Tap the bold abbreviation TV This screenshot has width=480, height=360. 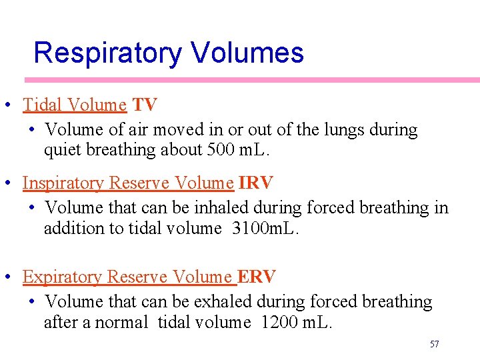pyautogui.click(x=145, y=105)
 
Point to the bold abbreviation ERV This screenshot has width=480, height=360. pyautogui.click(x=257, y=277)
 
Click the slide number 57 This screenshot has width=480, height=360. pyautogui.click(x=435, y=344)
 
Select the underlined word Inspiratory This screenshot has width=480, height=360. pyautogui.click(x=63, y=183)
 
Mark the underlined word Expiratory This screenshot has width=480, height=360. pyautogui.click(x=62, y=277)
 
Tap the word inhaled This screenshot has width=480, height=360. pyautogui.click(x=220, y=208)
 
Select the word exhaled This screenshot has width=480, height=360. pyautogui.click(x=221, y=302)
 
